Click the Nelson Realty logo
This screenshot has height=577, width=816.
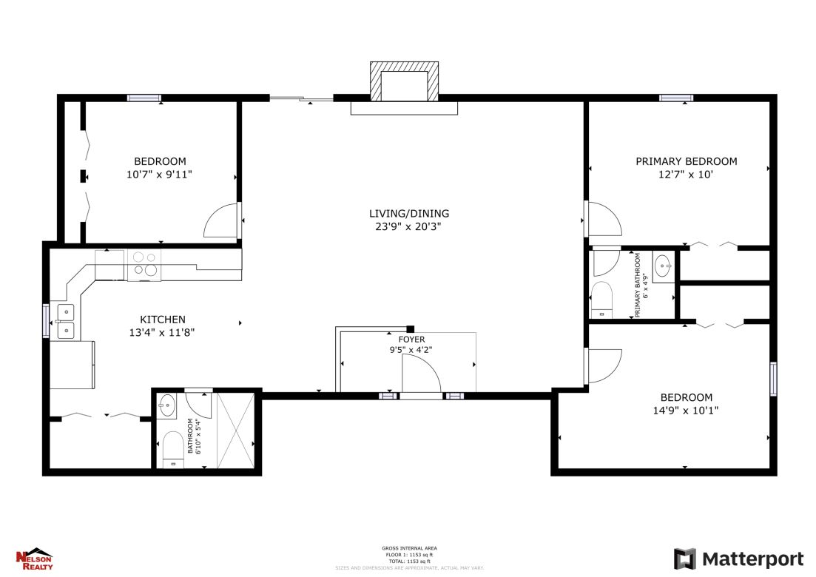pos(34,559)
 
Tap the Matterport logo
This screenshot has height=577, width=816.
pos(738,559)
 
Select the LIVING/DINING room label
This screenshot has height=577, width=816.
pos(408,214)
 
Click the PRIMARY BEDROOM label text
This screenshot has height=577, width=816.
pos(686,161)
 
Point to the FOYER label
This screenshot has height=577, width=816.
pos(412,340)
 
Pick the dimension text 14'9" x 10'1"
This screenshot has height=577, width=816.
pos(686,410)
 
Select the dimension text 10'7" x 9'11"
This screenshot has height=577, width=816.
pos(160,175)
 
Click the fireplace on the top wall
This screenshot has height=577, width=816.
pos(404,83)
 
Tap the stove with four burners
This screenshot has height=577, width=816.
pos(143,264)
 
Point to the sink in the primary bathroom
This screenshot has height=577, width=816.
pos(664,264)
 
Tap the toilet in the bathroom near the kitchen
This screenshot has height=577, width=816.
pos(172,448)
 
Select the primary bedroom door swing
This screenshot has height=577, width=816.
pos(603,220)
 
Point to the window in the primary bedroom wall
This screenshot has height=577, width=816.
pos(676,98)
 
